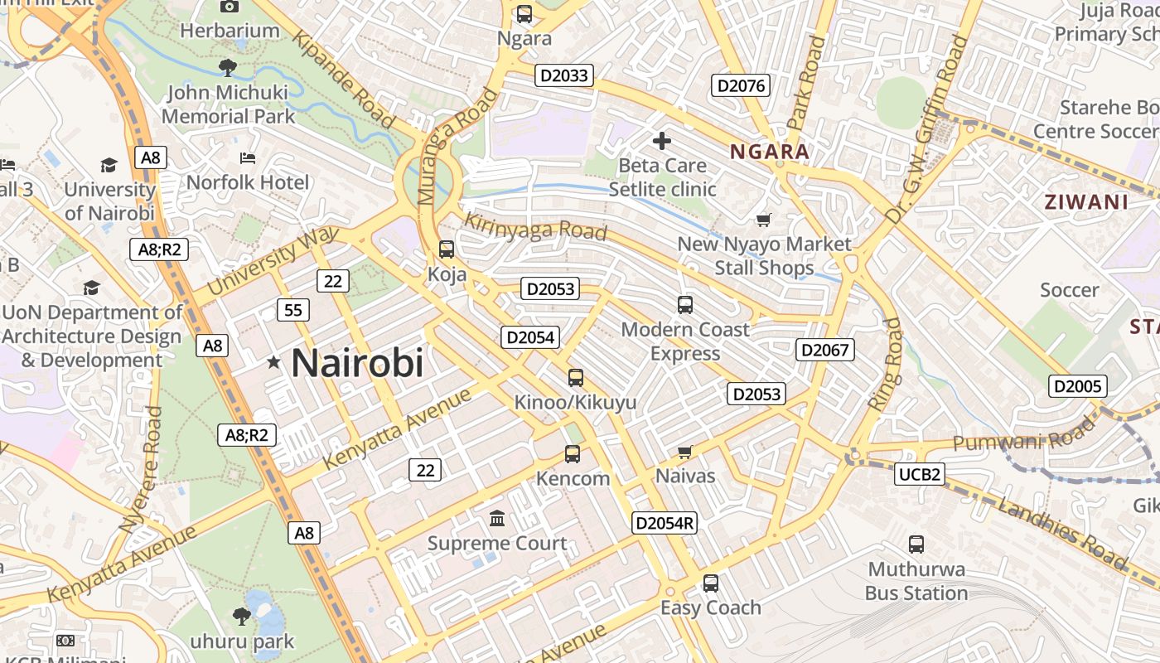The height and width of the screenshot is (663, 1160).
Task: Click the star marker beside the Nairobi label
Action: pos(273,362)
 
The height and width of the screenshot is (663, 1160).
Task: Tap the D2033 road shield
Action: pos(563,75)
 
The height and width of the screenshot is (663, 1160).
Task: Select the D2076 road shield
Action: pos(742,85)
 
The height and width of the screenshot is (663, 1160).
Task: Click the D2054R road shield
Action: pos(664,523)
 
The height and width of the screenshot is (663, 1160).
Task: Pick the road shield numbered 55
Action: pos(292,310)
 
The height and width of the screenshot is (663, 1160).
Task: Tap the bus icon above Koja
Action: pos(446,249)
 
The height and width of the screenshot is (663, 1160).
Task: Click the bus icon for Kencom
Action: pos(573,453)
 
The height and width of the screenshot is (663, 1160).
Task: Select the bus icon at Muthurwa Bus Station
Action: pos(916,544)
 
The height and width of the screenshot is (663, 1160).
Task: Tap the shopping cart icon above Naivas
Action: pos(684,452)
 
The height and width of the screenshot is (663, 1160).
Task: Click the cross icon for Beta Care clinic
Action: pos(661,141)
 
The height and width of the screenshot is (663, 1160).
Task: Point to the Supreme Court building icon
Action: pos(497,518)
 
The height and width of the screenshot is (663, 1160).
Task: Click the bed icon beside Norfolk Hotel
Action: pos(247,157)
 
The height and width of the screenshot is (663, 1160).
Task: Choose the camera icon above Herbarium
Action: pos(230,7)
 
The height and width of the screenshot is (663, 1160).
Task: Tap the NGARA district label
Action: pos(770,152)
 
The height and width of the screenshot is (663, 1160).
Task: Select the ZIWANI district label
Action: pos(1086,201)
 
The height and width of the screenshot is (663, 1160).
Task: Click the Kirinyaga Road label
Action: pos(535,226)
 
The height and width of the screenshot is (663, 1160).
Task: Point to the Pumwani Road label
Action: pos(1023,436)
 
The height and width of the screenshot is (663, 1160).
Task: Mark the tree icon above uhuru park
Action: pos(242,616)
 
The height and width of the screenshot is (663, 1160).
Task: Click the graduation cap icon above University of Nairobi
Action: pos(109,165)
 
